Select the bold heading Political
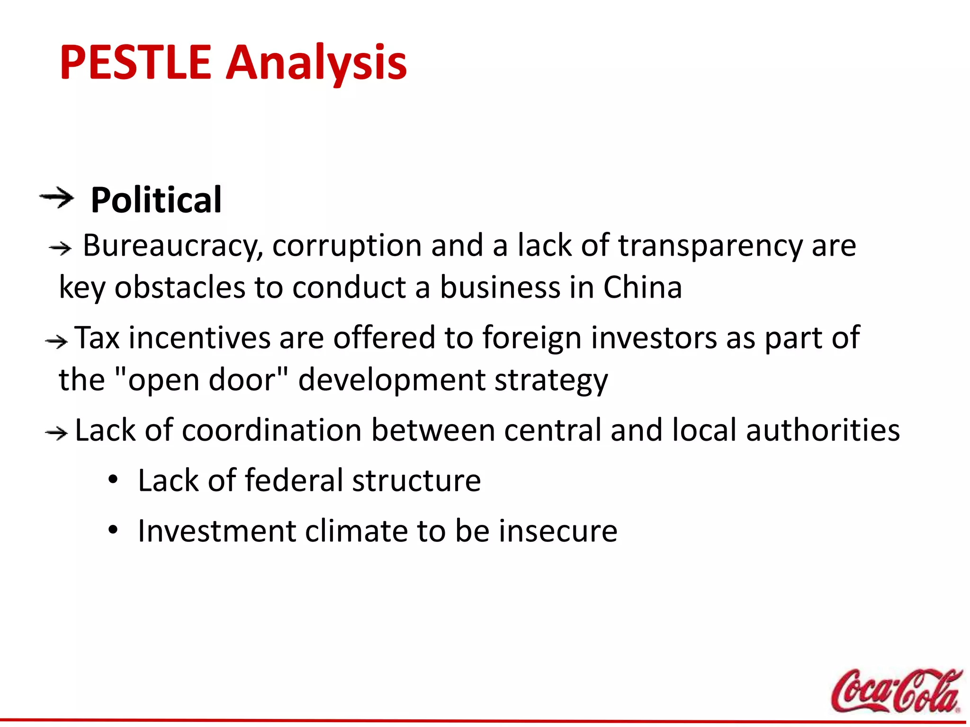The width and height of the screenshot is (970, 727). pyautogui.click(x=156, y=200)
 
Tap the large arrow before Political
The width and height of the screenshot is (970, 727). pyautogui.click(x=57, y=197)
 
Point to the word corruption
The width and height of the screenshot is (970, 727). pyautogui.click(x=347, y=246)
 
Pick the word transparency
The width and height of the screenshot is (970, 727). pyautogui.click(x=710, y=246)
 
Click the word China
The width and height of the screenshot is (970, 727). pyautogui.click(x=642, y=287)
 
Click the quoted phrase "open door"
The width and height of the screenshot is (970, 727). pyautogui.click(x=201, y=380)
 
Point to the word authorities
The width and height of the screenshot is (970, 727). pyautogui.click(x=823, y=430)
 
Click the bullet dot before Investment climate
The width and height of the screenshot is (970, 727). pyautogui.click(x=113, y=531)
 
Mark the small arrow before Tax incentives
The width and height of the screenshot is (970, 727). pyautogui.click(x=56, y=341)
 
